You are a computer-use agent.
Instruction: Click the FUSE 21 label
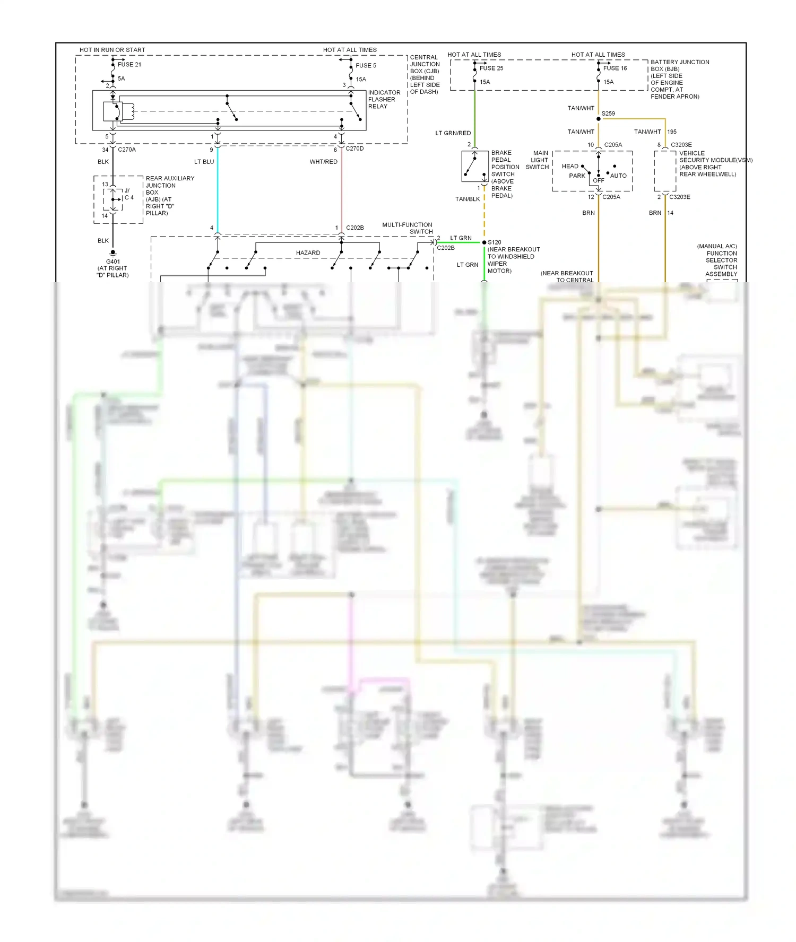point(129,65)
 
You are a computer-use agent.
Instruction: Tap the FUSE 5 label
point(366,66)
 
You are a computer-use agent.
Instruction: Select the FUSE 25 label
point(491,68)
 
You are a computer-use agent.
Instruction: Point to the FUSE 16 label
point(615,68)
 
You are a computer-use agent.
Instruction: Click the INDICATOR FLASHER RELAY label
point(384,100)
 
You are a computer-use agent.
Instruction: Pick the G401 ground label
point(113,261)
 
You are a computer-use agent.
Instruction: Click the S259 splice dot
point(599,119)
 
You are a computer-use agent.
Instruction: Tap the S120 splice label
point(495,242)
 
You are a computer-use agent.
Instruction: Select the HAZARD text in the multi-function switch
point(308,253)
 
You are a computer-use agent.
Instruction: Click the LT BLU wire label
point(204,162)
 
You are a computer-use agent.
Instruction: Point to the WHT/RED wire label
point(324,162)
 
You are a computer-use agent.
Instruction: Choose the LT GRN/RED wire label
point(453,133)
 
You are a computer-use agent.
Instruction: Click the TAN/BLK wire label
point(468,199)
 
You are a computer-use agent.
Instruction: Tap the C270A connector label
point(127,150)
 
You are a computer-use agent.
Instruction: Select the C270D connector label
point(354,149)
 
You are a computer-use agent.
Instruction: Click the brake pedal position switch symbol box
point(475,167)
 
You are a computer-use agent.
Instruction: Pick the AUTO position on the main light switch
point(618,176)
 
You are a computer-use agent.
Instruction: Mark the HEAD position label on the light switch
point(570,166)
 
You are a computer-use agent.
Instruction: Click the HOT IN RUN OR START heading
point(113,50)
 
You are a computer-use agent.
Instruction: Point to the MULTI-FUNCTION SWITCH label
point(408,228)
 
